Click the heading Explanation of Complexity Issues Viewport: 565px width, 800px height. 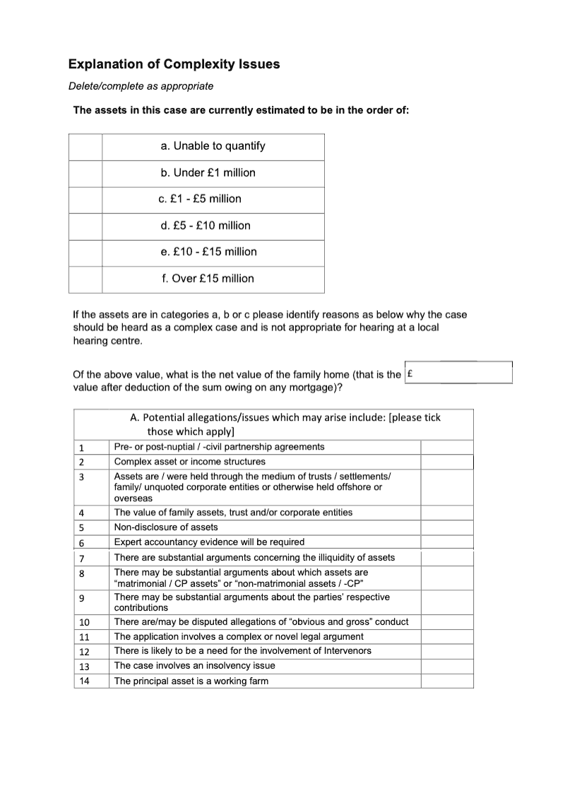click(x=174, y=64)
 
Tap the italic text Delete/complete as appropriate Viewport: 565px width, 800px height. click(x=141, y=86)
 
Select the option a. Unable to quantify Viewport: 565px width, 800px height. click(x=213, y=146)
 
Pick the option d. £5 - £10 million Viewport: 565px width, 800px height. click(x=206, y=226)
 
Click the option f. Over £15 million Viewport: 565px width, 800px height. click(x=208, y=279)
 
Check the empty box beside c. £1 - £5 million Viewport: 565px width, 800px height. click(x=85, y=199)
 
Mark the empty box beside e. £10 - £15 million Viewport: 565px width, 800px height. click(x=85, y=252)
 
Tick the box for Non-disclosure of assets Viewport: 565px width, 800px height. click(x=446, y=527)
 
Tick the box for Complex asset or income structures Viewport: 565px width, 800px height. click(x=446, y=462)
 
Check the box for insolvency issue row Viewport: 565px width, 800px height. click(x=446, y=666)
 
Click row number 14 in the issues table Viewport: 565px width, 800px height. click(x=84, y=681)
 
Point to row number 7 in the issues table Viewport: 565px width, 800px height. click(x=82, y=558)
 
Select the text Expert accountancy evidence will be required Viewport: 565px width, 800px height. click(x=209, y=542)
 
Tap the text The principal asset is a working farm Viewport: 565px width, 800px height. click(x=191, y=681)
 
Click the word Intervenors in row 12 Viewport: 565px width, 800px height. click(x=345, y=651)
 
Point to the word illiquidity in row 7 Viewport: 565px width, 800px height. click(x=335, y=558)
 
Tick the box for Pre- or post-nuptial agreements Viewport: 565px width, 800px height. click(x=446, y=447)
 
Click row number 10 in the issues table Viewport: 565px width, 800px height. click(x=84, y=622)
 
